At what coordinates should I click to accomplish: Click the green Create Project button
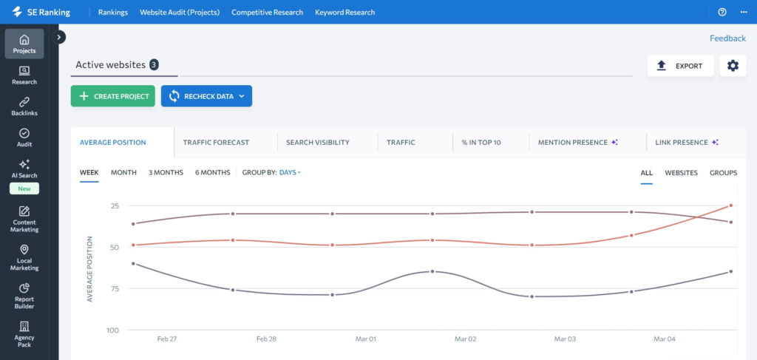click(112, 96)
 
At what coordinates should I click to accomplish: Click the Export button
click(680, 66)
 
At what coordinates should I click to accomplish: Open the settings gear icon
click(732, 66)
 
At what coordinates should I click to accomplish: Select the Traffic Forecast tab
click(216, 142)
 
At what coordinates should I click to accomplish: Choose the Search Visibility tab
click(317, 142)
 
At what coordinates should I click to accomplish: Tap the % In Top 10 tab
click(481, 142)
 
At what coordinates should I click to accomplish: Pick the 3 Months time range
click(166, 172)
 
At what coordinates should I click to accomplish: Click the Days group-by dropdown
click(290, 172)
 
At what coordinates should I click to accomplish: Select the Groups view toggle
click(723, 172)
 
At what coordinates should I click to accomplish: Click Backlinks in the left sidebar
click(24, 106)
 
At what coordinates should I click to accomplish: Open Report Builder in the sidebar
click(24, 296)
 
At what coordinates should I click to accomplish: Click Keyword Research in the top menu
click(344, 13)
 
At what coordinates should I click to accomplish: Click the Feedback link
click(727, 38)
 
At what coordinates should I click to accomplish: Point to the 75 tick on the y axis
click(114, 288)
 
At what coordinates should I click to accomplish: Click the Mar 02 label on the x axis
click(465, 339)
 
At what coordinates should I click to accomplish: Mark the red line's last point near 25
click(730, 206)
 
